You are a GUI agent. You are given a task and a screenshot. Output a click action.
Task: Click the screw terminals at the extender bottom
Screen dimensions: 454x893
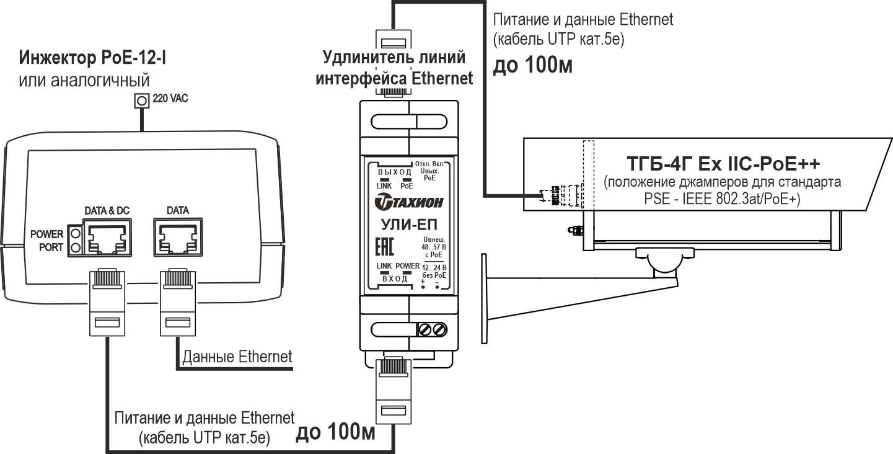[433, 329]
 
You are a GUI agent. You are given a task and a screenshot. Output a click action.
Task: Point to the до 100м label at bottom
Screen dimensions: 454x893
[336, 432]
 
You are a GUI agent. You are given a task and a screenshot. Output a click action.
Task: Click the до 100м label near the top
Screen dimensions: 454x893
[531, 65]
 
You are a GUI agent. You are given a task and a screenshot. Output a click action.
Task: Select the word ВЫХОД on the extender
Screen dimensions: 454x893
[395, 172]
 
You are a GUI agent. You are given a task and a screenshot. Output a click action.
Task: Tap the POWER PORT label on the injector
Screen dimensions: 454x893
[47, 241]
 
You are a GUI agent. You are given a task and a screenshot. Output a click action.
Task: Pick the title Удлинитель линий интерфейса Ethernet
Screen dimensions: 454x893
[394, 68]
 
